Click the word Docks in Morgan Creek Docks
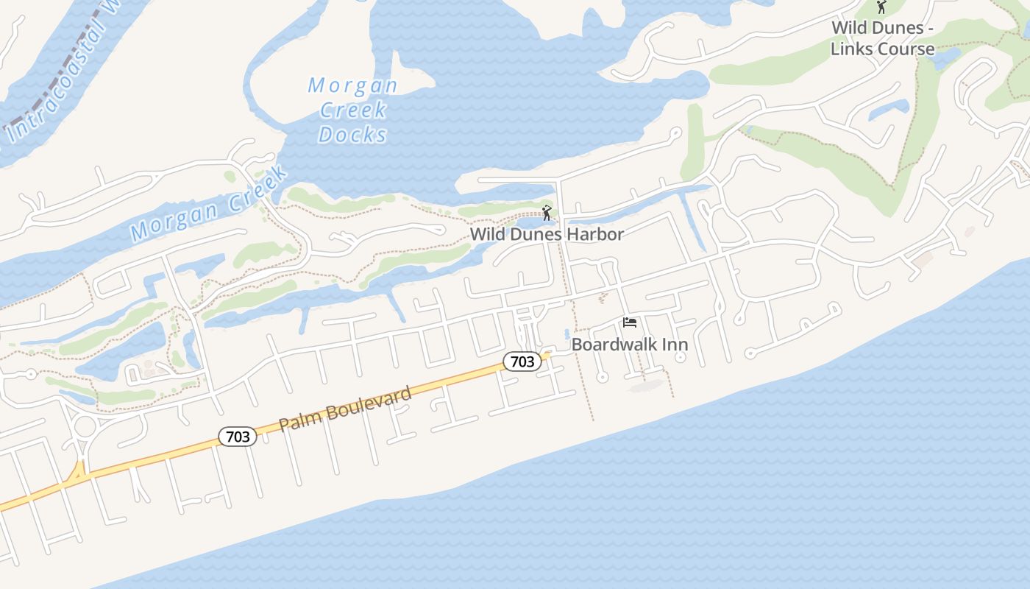(352, 135)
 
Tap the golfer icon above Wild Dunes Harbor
(547, 214)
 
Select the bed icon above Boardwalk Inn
(629, 322)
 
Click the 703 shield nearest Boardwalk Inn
(522, 361)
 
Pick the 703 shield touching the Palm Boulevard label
(238, 437)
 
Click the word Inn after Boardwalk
(672, 345)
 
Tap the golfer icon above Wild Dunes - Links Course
(881, 7)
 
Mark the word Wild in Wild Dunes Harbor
(485, 234)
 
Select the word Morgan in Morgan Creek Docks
(352, 85)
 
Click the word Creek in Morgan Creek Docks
(352, 110)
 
